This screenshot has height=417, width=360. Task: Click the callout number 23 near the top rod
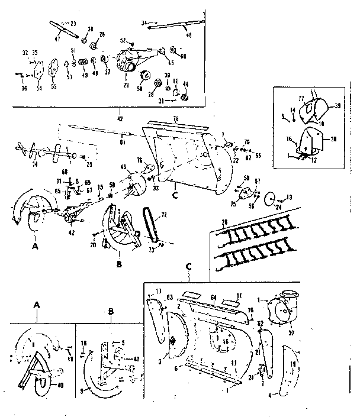tap(73, 23)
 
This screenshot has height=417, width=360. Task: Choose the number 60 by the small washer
tap(183, 56)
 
